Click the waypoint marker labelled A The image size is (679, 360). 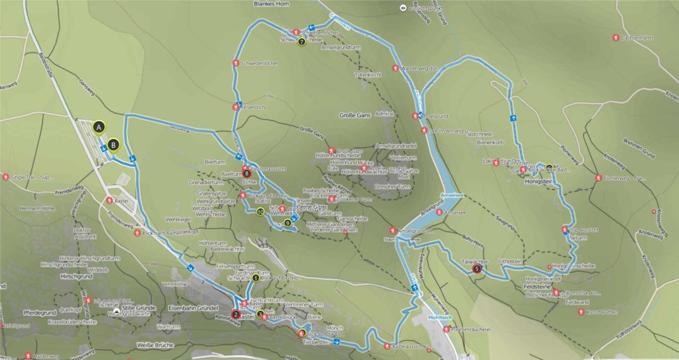pyautogui.click(x=98, y=127)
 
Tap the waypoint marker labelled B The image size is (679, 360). pyautogui.click(x=112, y=144)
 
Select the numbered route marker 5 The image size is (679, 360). pyautogui.click(x=477, y=269)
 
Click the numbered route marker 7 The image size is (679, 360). pyautogui.click(x=301, y=41)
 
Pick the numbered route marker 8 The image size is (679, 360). pyautogui.click(x=246, y=173)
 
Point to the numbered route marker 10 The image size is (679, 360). pyautogui.click(x=260, y=212)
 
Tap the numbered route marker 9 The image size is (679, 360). pyautogui.click(x=288, y=223)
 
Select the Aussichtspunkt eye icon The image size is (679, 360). pyautogui.click(x=403, y=8)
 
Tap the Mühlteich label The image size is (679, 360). pyautogui.click(x=439, y=318)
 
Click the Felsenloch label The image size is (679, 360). pyautogui.click(x=253, y=107)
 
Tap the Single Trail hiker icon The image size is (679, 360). pyautogui.click(x=5, y=177)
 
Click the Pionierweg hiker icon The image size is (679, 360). pyautogui.click(x=598, y=178)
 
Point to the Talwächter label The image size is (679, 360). pyautogui.click(x=475, y=262)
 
